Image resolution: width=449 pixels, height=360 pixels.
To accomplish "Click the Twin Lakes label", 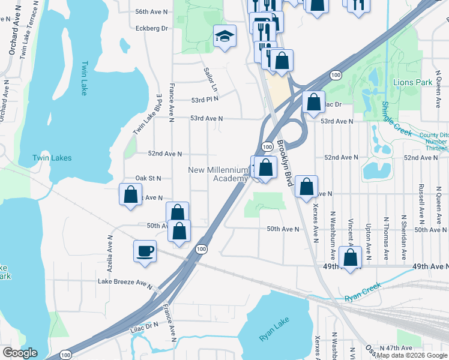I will pyautogui.click(x=52, y=158).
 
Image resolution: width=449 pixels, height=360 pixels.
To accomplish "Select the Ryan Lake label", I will pyautogui.click(x=274, y=331).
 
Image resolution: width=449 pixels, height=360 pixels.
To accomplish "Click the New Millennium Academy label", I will pyautogui.click(x=218, y=174).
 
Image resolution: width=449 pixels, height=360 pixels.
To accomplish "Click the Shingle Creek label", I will pyautogui.click(x=396, y=119).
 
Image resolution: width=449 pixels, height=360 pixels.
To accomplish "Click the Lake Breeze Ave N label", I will pyautogui.click(x=125, y=281).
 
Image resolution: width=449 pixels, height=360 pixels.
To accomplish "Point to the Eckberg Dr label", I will pyautogui.click(x=151, y=28).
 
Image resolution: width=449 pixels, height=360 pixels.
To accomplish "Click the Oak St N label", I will pyautogui.click(x=148, y=178).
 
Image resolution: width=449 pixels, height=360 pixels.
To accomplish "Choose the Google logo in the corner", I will pyautogui.click(x=19, y=353).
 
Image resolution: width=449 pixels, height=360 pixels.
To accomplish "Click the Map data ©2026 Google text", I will pyautogui.click(x=411, y=355).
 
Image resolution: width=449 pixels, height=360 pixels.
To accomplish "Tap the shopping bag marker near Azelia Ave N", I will pyautogui.click(x=130, y=195).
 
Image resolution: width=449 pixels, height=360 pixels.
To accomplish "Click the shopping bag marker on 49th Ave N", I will pyautogui.click(x=351, y=258).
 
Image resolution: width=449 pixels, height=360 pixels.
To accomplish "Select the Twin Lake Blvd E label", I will pyautogui.click(x=148, y=114).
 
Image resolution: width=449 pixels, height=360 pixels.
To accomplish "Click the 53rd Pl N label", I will pyautogui.click(x=203, y=100).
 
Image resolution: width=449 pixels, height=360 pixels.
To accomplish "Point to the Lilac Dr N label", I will pyautogui.click(x=143, y=324).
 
